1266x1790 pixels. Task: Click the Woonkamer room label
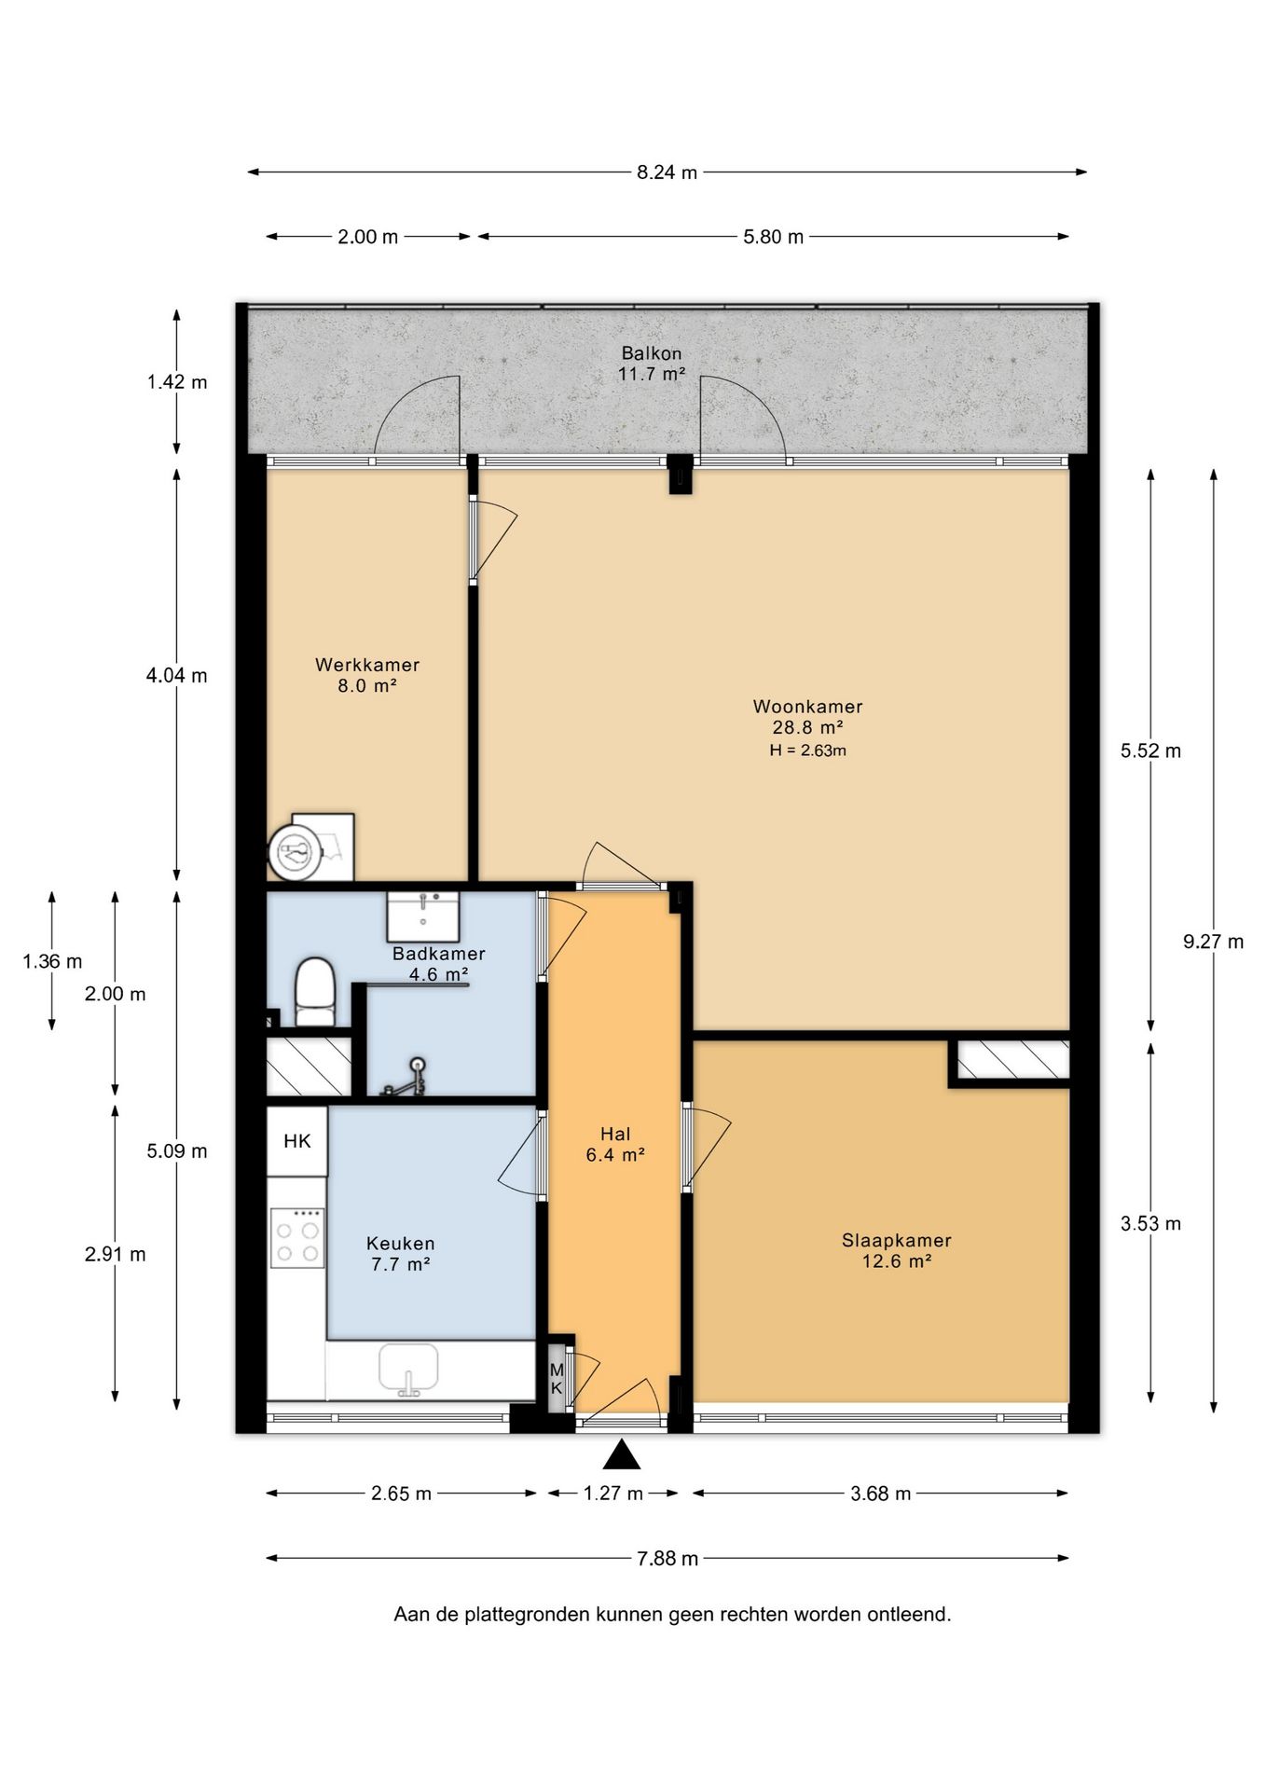tap(807, 707)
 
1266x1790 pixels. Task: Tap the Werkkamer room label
tap(367, 665)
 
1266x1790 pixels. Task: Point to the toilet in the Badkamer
tap(315, 992)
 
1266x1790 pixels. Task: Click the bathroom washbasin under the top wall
tap(423, 916)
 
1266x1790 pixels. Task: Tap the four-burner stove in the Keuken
tap(297, 1237)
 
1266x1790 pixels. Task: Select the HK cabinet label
tap(297, 1141)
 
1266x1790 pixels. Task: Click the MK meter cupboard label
tap(557, 1379)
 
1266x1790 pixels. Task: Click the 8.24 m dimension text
tap(667, 172)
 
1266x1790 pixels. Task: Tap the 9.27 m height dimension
tap(1214, 942)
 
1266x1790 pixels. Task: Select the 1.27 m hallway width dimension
tap(613, 1494)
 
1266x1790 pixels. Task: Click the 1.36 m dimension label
tap(53, 961)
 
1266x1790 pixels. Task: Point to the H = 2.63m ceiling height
tap(807, 750)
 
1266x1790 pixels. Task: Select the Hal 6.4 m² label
tap(615, 1145)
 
